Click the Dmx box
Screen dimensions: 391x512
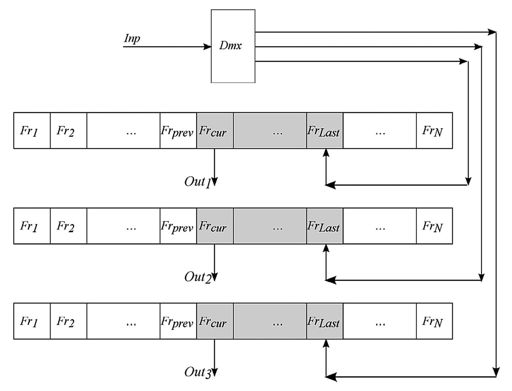click(x=233, y=46)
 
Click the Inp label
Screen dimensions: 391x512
click(x=132, y=39)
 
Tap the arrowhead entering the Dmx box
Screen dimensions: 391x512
click(x=207, y=47)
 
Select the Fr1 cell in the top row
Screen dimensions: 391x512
click(x=32, y=131)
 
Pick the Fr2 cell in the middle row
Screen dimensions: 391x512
click(x=68, y=226)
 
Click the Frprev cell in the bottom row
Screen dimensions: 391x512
click(x=178, y=321)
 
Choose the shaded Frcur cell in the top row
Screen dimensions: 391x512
click(x=215, y=131)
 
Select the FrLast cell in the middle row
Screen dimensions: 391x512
click(x=324, y=226)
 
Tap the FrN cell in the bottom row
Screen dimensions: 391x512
click(x=434, y=321)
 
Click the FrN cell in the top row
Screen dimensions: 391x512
click(x=434, y=131)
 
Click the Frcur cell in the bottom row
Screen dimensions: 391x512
click(x=215, y=321)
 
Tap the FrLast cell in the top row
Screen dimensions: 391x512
click(x=324, y=131)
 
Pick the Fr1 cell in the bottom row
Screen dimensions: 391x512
click(x=32, y=321)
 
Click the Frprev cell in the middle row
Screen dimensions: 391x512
click(x=178, y=226)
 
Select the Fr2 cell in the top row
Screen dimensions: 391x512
click(x=68, y=131)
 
